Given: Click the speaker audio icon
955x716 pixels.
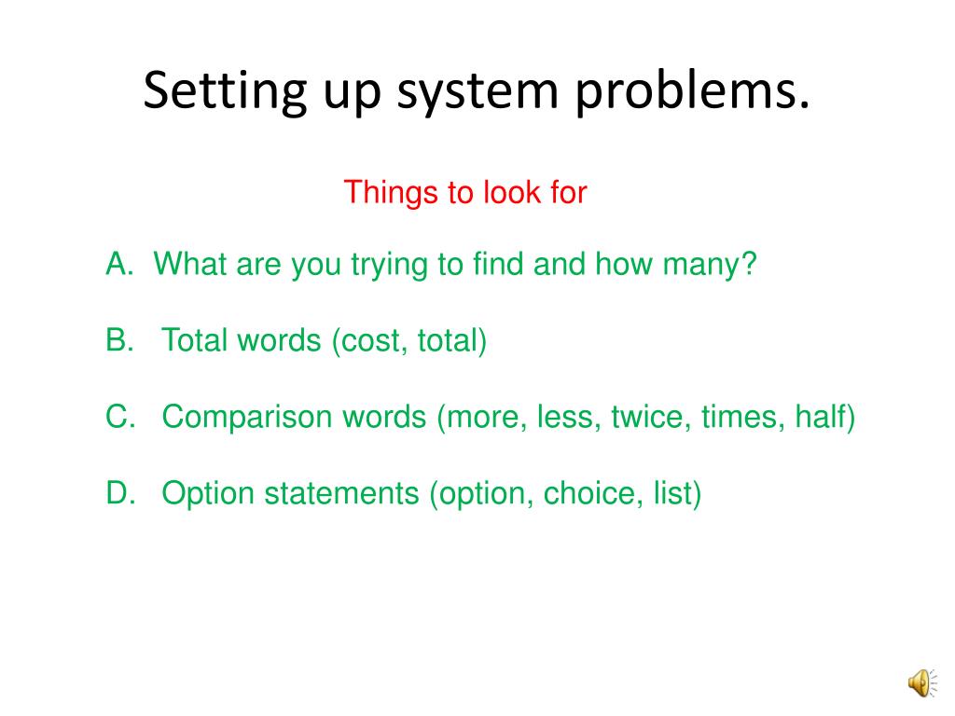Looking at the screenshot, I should click(x=920, y=684).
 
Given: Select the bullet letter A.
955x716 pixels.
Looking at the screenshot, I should click(x=119, y=265).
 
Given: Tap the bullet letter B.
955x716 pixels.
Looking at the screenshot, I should click(x=119, y=341).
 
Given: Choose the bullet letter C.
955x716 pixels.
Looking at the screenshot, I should click(x=119, y=418).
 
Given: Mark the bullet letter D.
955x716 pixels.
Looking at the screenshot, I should click(x=119, y=494).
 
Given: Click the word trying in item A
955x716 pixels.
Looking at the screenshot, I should click(x=387, y=267).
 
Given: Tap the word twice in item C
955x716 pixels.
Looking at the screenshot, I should click(x=642, y=418).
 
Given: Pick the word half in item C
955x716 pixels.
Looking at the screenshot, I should click(x=824, y=418).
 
